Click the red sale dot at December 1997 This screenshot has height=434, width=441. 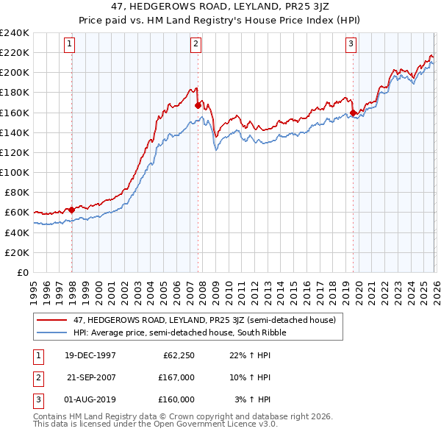click(x=71, y=210)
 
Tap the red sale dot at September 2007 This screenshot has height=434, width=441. click(x=198, y=105)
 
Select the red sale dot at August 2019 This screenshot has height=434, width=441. click(x=353, y=113)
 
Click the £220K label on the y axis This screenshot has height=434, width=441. click(x=15, y=52)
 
